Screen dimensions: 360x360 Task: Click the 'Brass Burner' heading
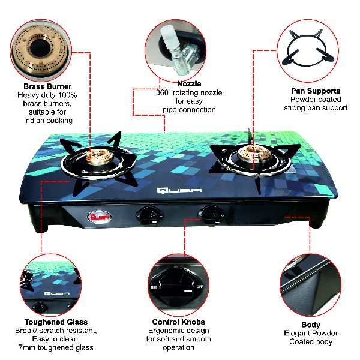click(47, 86)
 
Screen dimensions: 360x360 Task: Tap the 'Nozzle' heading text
click(189, 84)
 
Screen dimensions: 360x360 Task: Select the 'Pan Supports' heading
click(316, 91)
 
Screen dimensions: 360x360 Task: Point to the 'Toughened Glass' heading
click(56, 322)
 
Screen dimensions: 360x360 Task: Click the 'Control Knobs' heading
click(178, 322)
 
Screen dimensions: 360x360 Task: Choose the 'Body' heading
click(311, 325)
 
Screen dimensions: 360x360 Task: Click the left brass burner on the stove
click(99, 156)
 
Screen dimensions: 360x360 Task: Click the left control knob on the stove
click(148, 215)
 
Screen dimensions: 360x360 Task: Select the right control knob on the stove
click(211, 215)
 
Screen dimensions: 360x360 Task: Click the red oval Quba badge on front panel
click(99, 217)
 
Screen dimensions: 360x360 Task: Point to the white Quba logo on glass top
click(179, 191)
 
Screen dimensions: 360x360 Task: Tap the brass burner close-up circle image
click(41, 50)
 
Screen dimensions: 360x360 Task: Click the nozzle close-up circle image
click(176, 51)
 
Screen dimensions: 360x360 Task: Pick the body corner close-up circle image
click(310, 286)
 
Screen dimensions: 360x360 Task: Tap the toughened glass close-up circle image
click(51, 284)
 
